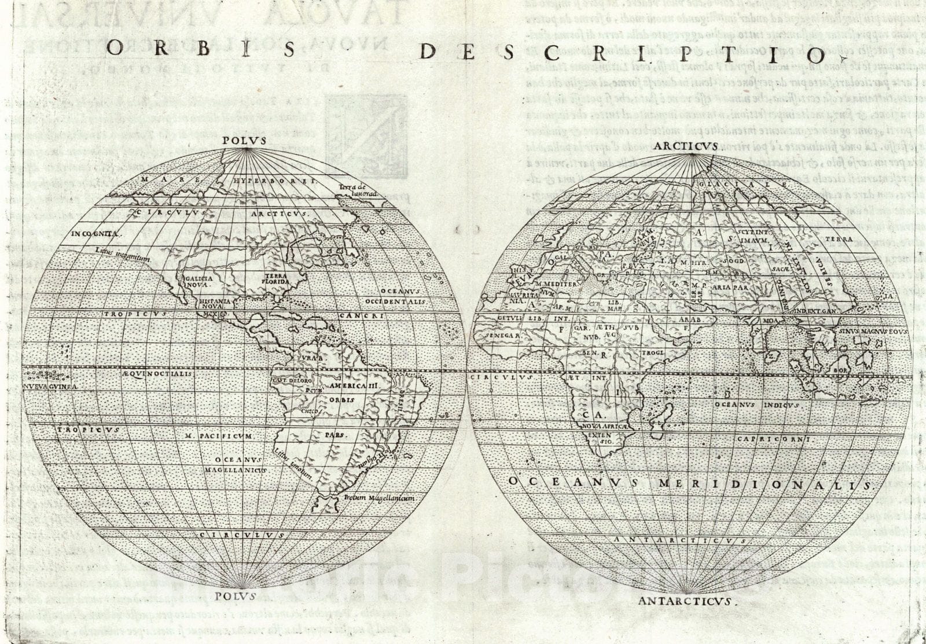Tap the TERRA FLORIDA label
pyautogui.click(x=276, y=279)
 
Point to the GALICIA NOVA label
pyautogui.click(x=199, y=281)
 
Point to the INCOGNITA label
pyautogui.click(x=96, y=234)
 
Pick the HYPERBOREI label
pyautogui.click(x=274, y=181)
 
